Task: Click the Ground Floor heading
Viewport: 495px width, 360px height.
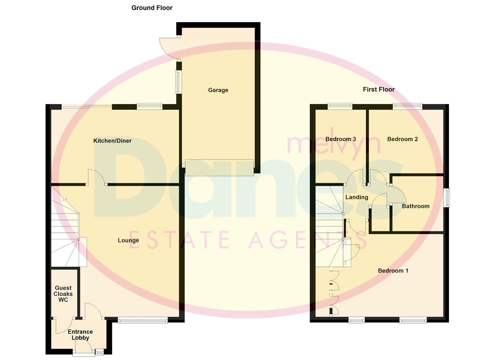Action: point(152,8)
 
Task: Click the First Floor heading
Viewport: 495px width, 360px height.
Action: point(379,89)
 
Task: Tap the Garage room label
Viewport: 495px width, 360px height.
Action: point(218,90)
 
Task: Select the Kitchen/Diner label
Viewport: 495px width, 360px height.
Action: point(112,141)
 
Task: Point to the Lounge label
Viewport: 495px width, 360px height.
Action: point(128,240)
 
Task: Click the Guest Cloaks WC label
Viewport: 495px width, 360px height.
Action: point(63,294)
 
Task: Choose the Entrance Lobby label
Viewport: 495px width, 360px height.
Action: point(80,335)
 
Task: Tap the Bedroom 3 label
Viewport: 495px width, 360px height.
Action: point(341,139)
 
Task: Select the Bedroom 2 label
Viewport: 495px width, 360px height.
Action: point(402,139)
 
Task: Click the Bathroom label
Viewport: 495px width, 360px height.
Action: point(415,206)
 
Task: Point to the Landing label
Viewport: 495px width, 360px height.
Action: point(357,197)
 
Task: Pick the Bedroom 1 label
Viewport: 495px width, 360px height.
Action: point(393,270)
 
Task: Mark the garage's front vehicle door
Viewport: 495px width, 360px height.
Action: point(219,167)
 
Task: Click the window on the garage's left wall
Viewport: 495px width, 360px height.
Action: point(179,82)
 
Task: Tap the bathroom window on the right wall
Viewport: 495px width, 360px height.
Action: point(447,198)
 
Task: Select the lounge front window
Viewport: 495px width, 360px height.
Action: point(142,320)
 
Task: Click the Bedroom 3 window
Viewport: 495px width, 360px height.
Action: point(340,106)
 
